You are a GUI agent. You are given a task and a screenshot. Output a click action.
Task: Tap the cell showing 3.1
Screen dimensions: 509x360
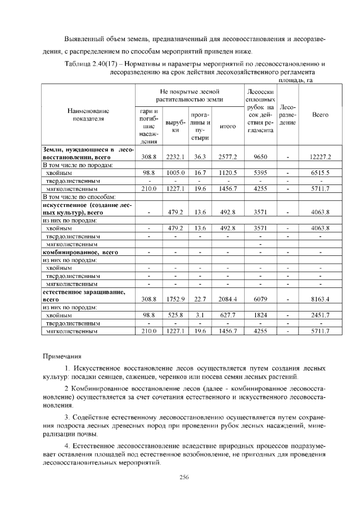pos(200,316)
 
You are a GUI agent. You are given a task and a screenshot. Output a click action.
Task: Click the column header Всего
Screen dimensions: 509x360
pos(320,114)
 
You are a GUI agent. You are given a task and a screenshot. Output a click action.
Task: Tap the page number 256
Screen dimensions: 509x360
pos(183,477)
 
